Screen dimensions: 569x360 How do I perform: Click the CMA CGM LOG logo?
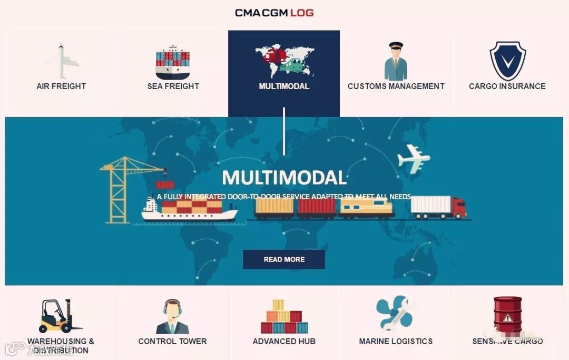pos(274,13)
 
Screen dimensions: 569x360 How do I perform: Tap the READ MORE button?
pos(284,259)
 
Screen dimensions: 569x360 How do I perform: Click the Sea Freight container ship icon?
pos(173,62)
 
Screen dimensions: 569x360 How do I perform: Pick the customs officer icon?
pos(396,61)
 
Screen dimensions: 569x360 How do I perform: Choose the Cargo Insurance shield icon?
pos(507,61)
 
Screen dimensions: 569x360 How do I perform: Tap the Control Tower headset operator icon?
pos(172,317)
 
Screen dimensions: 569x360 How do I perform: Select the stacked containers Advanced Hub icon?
pos(284,317)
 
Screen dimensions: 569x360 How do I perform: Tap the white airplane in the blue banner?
pos(414,158)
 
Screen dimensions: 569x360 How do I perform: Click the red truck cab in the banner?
pos(459,208)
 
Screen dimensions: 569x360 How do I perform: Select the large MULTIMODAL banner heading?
pos(284,178)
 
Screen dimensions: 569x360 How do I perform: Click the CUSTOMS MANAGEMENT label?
pos(396,86)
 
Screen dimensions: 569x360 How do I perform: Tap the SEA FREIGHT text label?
pos(173,86)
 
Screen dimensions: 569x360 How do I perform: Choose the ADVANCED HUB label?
pos(284,342)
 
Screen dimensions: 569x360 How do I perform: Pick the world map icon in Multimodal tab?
pos(284,60)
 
